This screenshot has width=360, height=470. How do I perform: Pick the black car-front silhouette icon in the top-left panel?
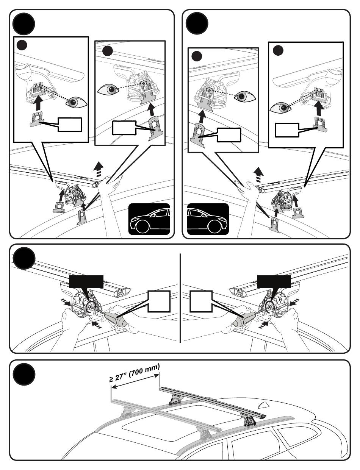[x=149, y=219]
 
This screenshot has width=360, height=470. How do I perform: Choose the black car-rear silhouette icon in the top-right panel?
[x=208, y=219]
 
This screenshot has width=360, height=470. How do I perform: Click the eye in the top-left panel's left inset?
[x=77, y=102]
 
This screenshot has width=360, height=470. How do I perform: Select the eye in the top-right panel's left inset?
[x=245, y=96]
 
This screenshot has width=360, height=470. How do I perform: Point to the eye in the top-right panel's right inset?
[x=280, y=108]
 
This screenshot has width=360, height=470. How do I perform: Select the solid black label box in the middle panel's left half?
[x=86, y=281]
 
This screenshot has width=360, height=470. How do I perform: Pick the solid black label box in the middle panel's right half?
[x=274, y=281]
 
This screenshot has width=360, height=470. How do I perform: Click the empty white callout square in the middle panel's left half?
[x=159, y=301]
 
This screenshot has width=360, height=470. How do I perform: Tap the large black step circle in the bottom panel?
[x=24, y=374]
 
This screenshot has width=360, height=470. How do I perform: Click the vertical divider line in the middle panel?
[x=180, y=298]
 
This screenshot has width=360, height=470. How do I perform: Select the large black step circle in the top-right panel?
[x=197, y=23]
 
